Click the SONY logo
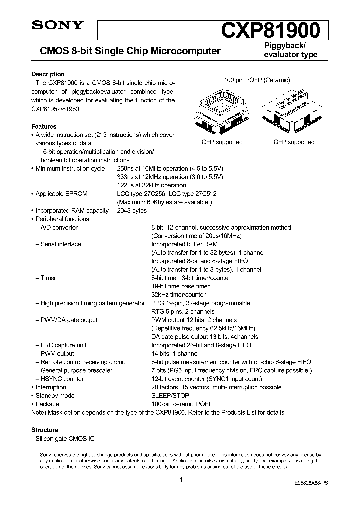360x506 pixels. pos(51,25)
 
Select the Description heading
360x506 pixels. pos(48,74)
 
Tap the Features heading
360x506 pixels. pos(44,127)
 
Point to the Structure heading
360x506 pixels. pos(45,430)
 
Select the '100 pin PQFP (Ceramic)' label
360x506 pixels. pos(257,80)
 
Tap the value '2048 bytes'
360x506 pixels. pos(132,211)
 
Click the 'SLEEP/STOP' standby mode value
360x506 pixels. pos(170,396)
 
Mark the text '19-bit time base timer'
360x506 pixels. pos(180,286)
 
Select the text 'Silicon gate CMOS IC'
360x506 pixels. pos(63,438)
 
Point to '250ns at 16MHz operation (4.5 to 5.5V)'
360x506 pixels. pos(170,169)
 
